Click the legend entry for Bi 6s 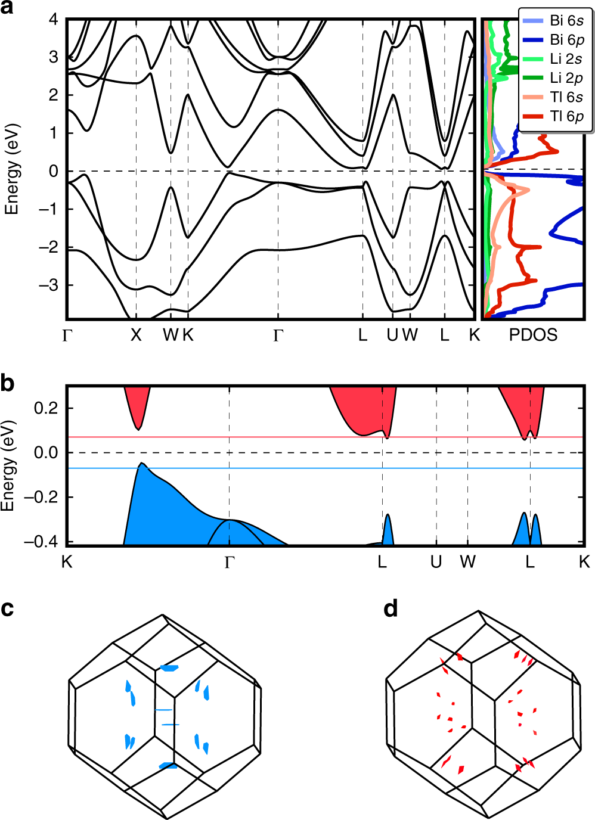pos(554,21)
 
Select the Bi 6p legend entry pos(554,40)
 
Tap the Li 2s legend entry pos(554,59)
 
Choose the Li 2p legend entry pos(554,78)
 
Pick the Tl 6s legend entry pos(554,97)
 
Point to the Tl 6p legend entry pos(554,116)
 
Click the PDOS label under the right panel pos(533,335)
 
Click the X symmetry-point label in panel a pos(136,336)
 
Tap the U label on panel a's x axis pos(392,336)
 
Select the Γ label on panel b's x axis pos(230,562)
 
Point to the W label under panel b pos(468,561)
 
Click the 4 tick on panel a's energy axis pos(54,19)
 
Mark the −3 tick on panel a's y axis pos(49,285)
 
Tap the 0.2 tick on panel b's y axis pos(46,408)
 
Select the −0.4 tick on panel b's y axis pos(41,542)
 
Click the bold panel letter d pos(391,608)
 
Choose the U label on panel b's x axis pos(436,561)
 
